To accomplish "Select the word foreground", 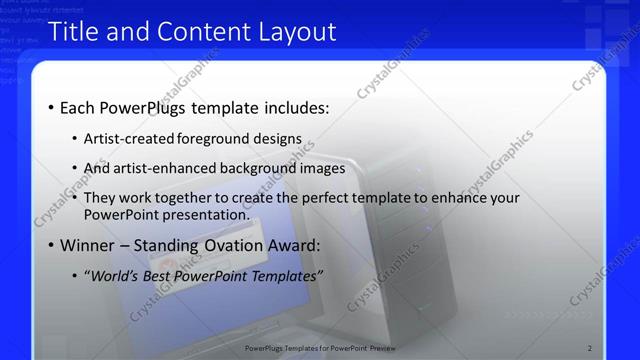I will click(x=219, y=138).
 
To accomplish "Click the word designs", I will click(x=280, y=138).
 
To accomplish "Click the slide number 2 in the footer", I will click(x=590, y=348).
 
